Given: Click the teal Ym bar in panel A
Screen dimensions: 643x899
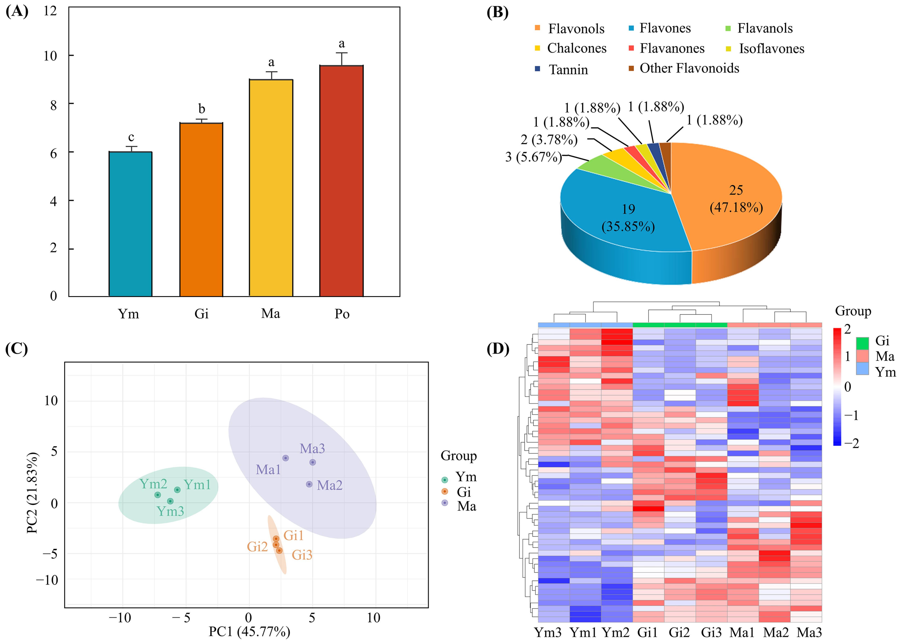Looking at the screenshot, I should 130,224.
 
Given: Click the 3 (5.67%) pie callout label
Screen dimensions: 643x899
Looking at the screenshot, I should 533,157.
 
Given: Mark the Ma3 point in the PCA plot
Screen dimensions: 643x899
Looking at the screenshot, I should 312,462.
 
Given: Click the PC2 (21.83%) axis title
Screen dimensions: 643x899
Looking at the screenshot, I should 32,493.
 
